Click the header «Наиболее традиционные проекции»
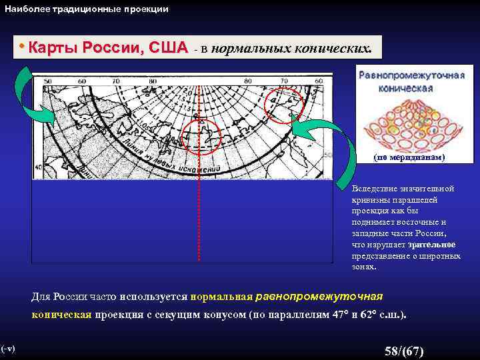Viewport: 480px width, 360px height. (87, 9)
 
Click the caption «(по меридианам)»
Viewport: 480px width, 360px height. (409, 158)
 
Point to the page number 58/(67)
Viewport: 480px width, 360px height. (404, 351)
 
